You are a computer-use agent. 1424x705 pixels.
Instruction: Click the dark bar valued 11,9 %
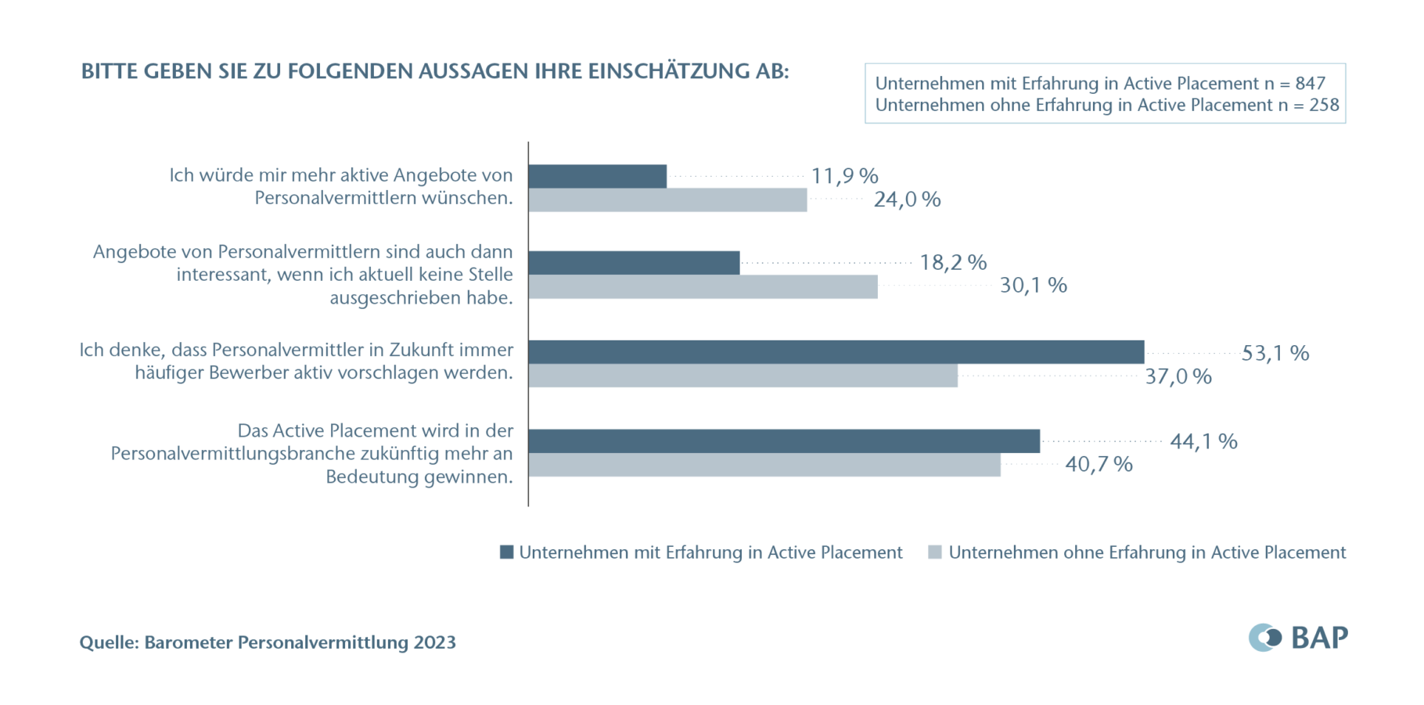(x=597, y=176)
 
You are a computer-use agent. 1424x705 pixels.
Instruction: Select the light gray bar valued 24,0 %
(x=667, y=200)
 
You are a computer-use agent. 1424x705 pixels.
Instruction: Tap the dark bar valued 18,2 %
(x=634, y=263)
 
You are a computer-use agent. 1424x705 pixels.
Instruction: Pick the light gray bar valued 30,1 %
(x=703, y=286)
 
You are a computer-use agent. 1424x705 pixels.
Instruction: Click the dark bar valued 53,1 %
(x=836, y=352)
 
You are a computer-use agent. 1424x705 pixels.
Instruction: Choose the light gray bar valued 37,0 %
(x=743, y=376)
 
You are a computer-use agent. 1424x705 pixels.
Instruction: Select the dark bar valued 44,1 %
(x=784, y=441)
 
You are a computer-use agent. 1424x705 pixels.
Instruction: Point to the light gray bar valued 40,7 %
(x=764, y=465)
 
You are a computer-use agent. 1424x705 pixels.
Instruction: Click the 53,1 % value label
(x=1275, y=353)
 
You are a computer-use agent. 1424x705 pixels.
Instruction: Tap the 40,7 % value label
(x=1099, y=465)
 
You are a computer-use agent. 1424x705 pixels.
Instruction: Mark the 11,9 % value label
(x=844, y=176)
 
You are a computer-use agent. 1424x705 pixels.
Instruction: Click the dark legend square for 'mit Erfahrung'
(x=507, y=552)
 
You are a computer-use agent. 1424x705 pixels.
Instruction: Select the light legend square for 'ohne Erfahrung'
(x=935, y=552)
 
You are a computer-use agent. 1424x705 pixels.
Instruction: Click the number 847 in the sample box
(x=1310, y=84)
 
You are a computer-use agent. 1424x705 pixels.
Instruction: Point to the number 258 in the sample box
(x=1324, y=105)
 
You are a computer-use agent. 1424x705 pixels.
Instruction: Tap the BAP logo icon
(x=1264, y=638)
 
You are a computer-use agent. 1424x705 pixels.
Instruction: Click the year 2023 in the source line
(x=434, y=642)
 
